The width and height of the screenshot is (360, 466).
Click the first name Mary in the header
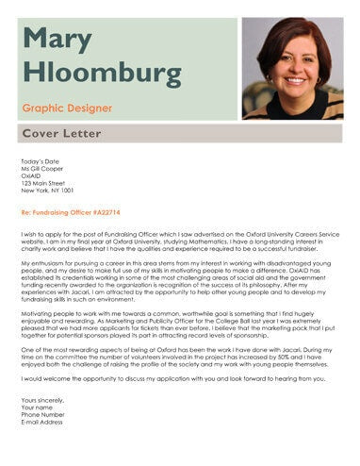click(58, 39)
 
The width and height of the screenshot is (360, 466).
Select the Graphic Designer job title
click(69, 108)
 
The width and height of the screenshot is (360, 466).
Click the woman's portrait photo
click(291, 68)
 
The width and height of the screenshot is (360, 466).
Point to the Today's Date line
click(39, 161)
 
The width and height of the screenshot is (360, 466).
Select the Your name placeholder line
click(36, 407)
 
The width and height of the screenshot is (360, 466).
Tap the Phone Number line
click(41, 414)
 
